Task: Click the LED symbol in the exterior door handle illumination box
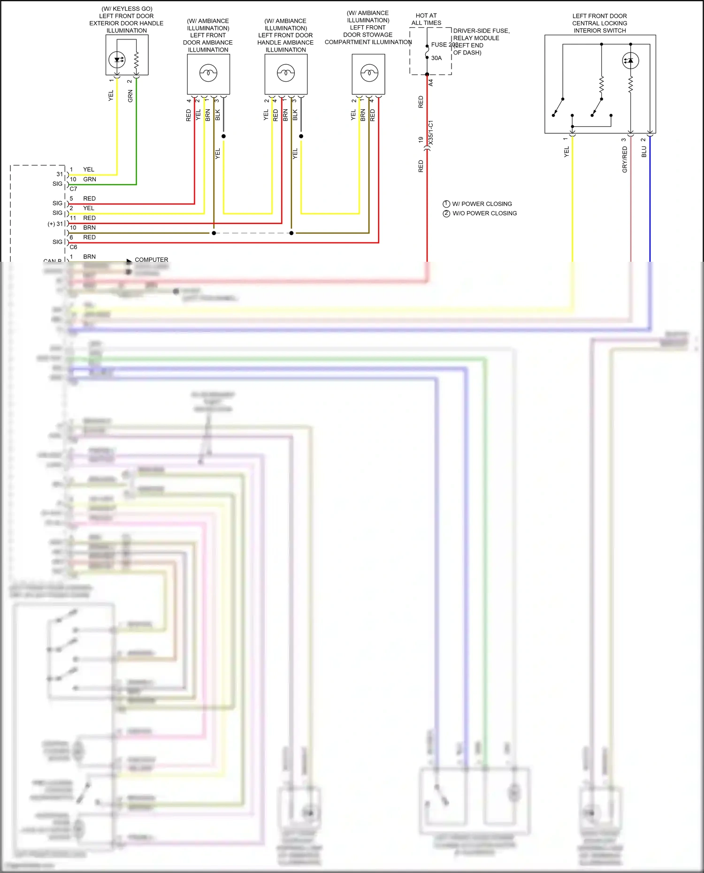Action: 117,60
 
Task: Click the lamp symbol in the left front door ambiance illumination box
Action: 208,73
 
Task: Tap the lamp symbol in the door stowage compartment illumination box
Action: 369,73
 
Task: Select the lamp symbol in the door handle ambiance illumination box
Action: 285,73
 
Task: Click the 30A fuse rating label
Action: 436,58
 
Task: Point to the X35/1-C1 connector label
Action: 431,132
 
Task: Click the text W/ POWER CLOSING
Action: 482,204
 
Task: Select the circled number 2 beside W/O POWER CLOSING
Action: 446,213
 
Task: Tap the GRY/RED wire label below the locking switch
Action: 625,159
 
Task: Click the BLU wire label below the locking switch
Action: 644,152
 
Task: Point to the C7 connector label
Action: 73,189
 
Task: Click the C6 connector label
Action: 73,247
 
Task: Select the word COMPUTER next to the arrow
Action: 151,259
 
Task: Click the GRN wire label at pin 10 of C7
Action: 89,179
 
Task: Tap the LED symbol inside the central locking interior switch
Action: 630,61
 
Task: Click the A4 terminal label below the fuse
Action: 431,83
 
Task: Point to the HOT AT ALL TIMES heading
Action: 426,19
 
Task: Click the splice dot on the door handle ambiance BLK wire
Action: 301,137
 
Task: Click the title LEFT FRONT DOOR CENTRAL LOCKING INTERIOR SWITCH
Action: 599,23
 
